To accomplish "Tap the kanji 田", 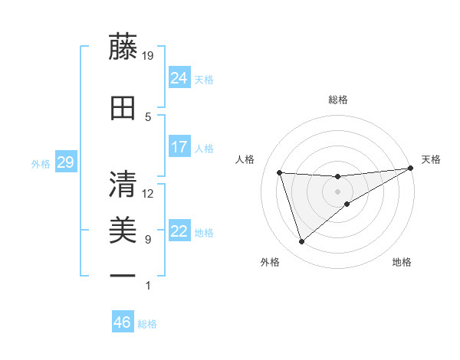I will click(x=123, y=108).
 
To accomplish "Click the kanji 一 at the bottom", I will click(x=123, y=275).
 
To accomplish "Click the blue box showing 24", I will click(x=179, y=78).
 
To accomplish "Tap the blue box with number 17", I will click(x=179, y=147).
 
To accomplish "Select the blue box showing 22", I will click(x=179, y=231).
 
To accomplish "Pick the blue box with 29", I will click(x=66, y=162).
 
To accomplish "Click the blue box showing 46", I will click(x=123, y=322).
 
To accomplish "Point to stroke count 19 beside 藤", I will click(x=148, y=55).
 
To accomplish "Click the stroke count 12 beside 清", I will click(x=148, y=193).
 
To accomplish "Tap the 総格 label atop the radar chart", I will click(x=338, y=100).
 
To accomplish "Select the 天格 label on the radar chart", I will click(x=431, y=159).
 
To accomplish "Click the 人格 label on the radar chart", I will click(x=245, y=159).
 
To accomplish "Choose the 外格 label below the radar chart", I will click(x=270, y=263).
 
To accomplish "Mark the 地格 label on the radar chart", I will click(x=402, y=263).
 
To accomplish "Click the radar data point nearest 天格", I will click(x=412, y=169).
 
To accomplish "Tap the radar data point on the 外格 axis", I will click(x=301, y=242).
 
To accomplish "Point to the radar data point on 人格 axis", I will click(x=280, y=173).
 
